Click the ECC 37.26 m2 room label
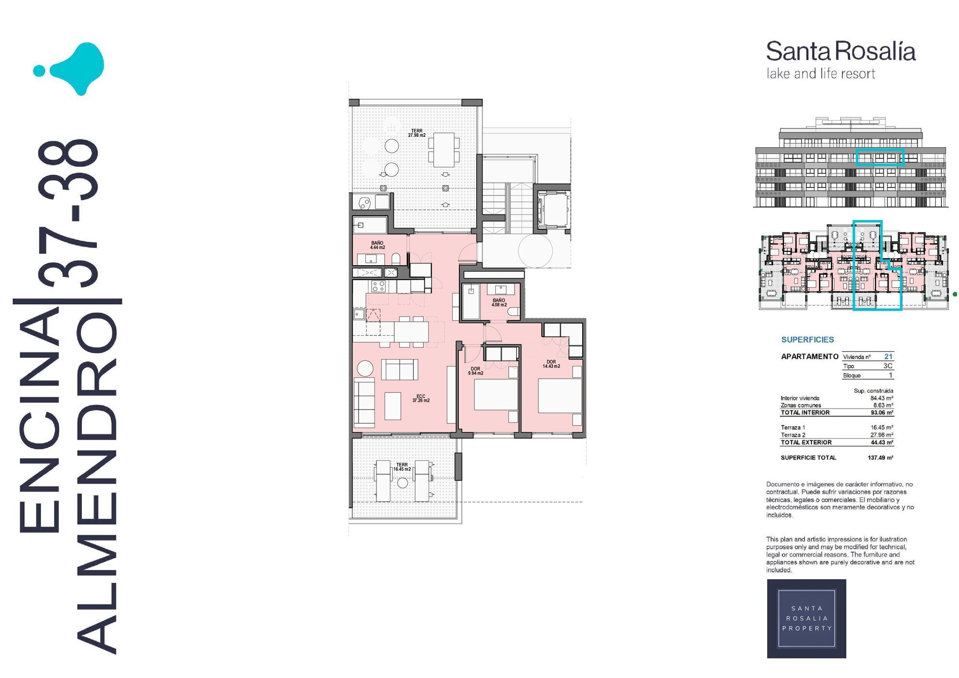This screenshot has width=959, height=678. [x=421, y=398]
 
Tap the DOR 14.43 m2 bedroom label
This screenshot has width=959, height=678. [x=551, y=364]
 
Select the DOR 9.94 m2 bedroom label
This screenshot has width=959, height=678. [x=475, y=371]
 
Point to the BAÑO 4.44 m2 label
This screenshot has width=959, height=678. [x=377, y=245]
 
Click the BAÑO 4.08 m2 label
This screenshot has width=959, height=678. [x=499, y=303]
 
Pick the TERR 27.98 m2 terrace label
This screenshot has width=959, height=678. [x=417, y=133]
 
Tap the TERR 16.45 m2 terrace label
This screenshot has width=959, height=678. [x=402, y=467]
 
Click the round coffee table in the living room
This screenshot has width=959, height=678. [x=364, y=368]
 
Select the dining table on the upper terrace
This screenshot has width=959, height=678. [x=444, y=150]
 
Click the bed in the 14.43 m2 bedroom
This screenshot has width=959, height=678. [x=560, y=396]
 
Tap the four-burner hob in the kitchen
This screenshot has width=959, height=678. [x=378, y=286]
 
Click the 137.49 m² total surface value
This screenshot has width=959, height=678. [x=880, y=457]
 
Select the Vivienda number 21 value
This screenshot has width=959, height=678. [x=888, y=356]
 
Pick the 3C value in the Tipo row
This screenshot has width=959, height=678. [x=888, y=365]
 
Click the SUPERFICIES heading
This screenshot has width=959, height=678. [x=807, y=339]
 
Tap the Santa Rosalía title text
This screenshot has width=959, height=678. [x=841, y=51]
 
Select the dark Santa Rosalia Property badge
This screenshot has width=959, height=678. [x=807, y=619]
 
